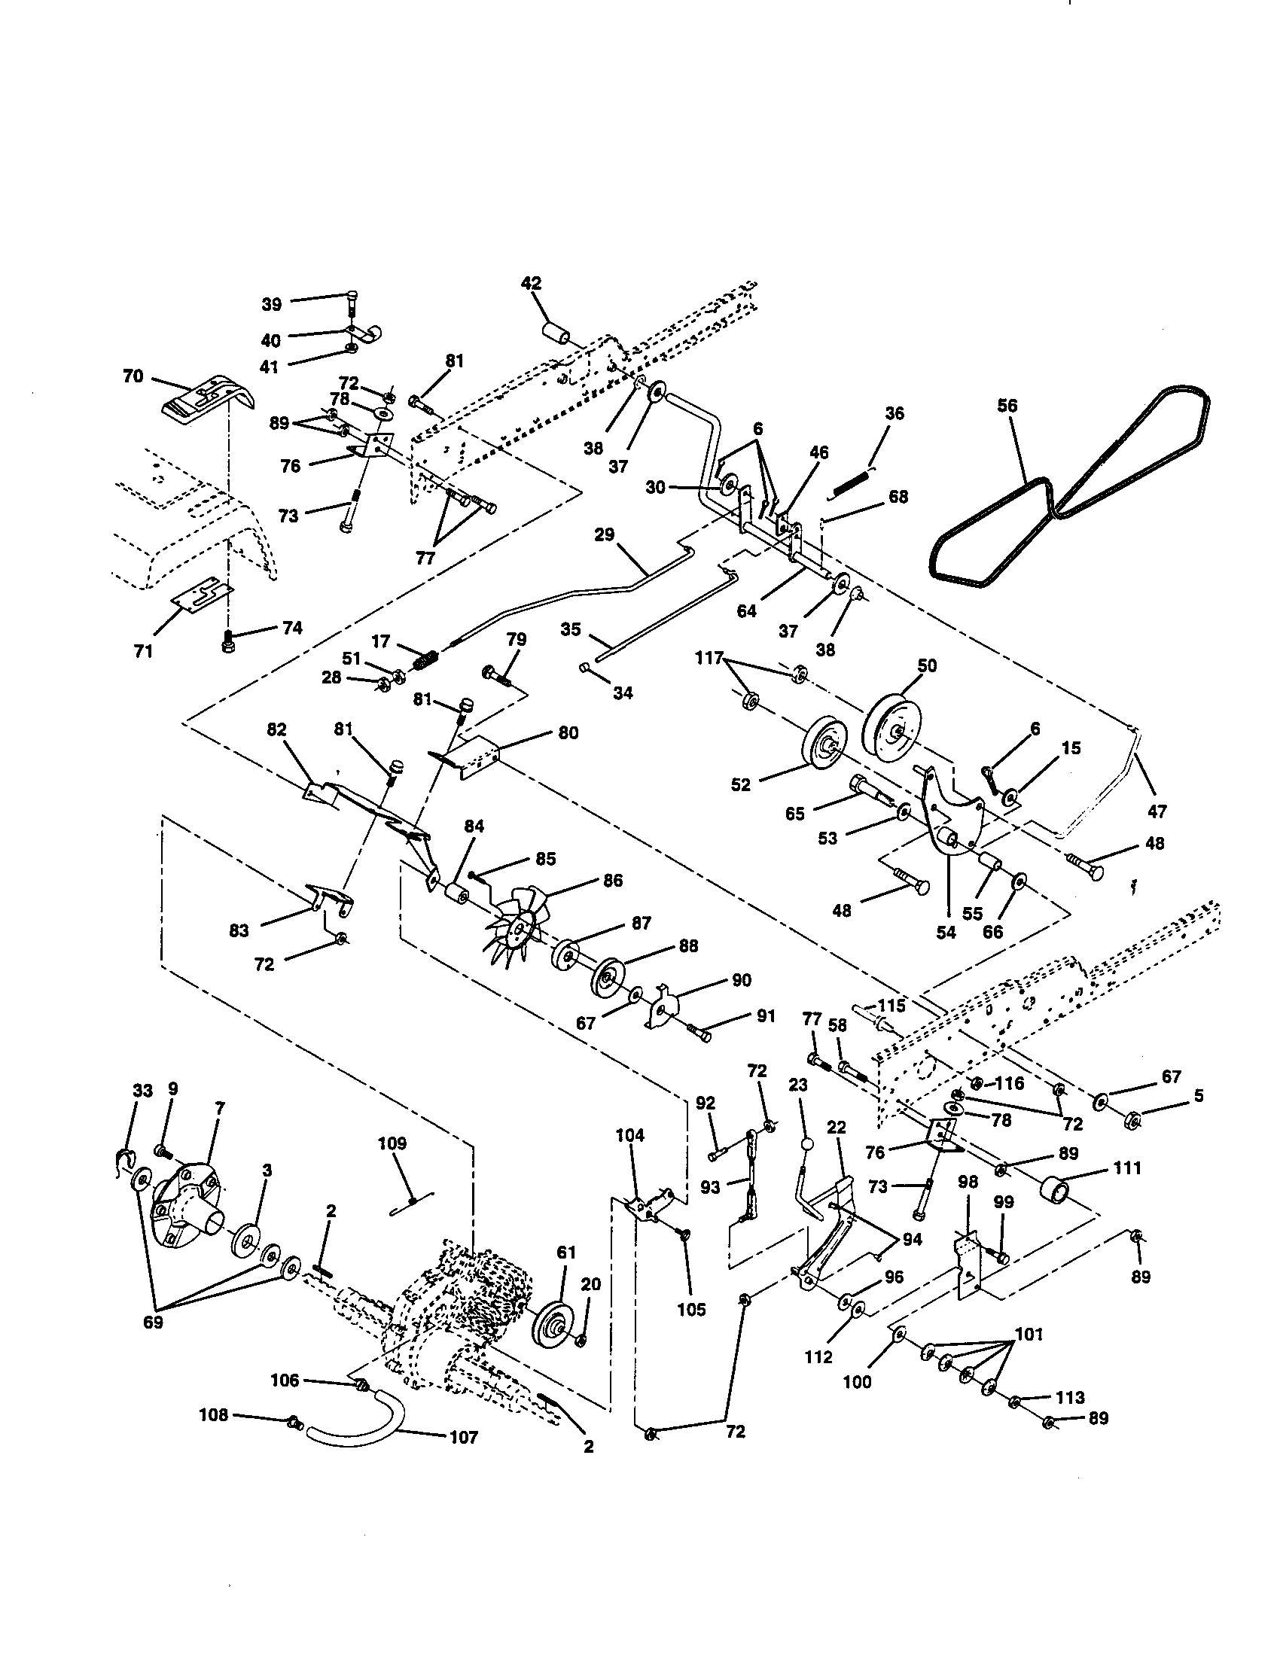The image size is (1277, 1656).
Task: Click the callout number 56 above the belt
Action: (x=1007, y=405)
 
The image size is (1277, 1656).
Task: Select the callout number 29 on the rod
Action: (x=604, y=534)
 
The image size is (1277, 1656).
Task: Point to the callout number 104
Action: (x=629, y=1135)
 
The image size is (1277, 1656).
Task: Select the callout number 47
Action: (x=1157, y=811)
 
